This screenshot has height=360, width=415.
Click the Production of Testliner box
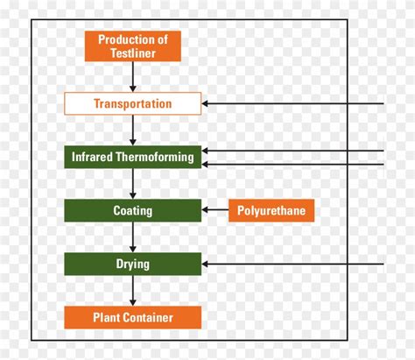(133, 46)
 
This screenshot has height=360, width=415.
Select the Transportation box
(133, 103)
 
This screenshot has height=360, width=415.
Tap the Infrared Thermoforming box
(133, 157)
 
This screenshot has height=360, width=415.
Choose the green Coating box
(133, 210)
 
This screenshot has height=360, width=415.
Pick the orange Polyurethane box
(271, 210)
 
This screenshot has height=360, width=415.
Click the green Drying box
(133, 264)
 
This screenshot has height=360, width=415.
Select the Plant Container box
(133, 317)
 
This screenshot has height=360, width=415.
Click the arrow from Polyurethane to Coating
(215, 210)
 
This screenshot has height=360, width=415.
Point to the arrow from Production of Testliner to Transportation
(133, 77)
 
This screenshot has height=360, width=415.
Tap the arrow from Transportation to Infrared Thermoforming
(133, 131)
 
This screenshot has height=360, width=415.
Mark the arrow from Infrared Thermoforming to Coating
(133, 184)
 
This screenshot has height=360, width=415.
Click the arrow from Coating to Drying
(133, 237)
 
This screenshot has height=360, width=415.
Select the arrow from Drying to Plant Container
(133, 291)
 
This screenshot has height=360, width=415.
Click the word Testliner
(133, 53)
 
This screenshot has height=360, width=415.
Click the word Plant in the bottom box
(106, 317)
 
